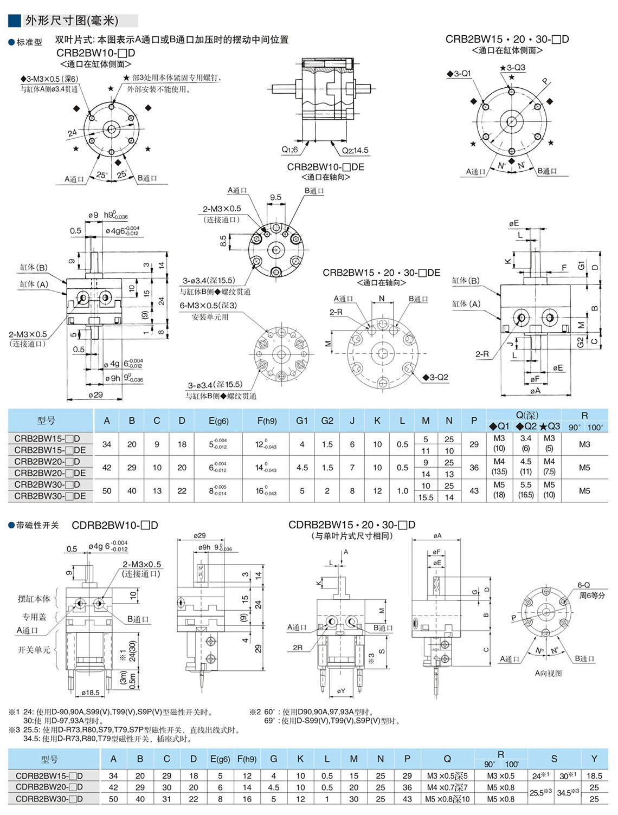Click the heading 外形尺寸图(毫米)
(x=71, y=21)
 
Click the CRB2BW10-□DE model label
(x=325, y=167)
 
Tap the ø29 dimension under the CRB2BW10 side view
(x=95, y=395)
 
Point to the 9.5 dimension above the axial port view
(x=275, y=197)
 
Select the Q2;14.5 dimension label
(x=355, y=150)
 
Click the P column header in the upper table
(x=474, y=421)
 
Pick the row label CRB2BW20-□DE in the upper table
(x=50, y=473)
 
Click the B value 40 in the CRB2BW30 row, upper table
(x=132, y=491)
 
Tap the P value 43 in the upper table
(x=474, y=491)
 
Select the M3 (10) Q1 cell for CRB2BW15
(x=499, y=443)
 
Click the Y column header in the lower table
(x=594, y=759)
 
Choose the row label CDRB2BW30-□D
(x=49, y=799)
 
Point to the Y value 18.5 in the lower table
(x=594, y=775)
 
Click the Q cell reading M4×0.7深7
(x=447, y=787)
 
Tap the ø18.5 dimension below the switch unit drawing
(x=91, y=692)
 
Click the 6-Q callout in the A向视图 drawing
(x=583, y=585)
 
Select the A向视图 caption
(x=548, y=673)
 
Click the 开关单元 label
(x=34, y=650)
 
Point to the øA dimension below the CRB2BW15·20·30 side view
(x=535, y=390)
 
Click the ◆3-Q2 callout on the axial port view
(x=435, y=377)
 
